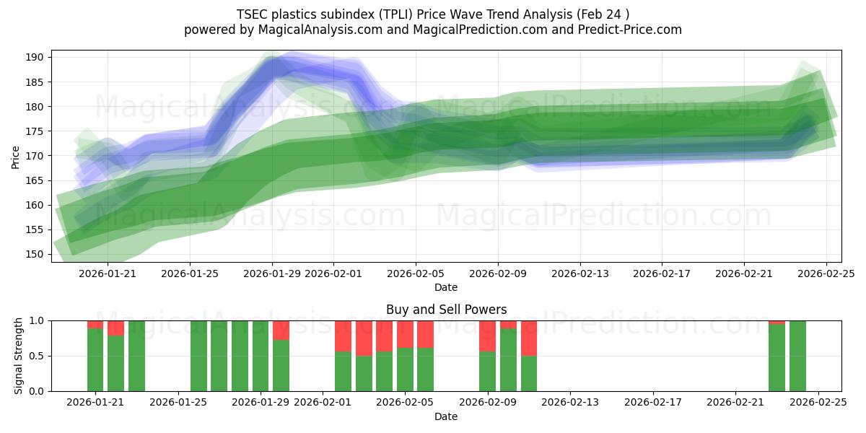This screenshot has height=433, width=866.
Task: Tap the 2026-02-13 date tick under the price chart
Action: [x=581, y=274]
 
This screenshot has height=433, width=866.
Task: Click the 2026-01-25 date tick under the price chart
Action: [x=189, y=274]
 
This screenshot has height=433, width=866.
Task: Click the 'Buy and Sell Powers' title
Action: [x=446, y=310]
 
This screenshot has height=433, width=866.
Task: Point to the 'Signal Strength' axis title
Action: [x=19, y=356]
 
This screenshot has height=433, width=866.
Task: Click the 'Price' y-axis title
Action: [x=16, y=156]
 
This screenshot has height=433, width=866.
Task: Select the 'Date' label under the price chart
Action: [x=446, y=287]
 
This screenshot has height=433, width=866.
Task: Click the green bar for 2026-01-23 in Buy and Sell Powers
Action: [x=136, y=356]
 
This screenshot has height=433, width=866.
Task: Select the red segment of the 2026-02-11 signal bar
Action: [x=529, y=338]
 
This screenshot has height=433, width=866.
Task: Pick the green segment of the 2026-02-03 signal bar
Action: [x=364, y=374]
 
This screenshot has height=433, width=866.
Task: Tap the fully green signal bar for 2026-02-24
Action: [x=797, y=356]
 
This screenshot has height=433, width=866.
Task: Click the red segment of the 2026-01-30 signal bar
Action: [x=281, y=330]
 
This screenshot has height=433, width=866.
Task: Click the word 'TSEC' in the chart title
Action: [x=252, y=14]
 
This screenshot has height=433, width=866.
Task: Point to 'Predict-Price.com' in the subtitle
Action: [x=635, y=30]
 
